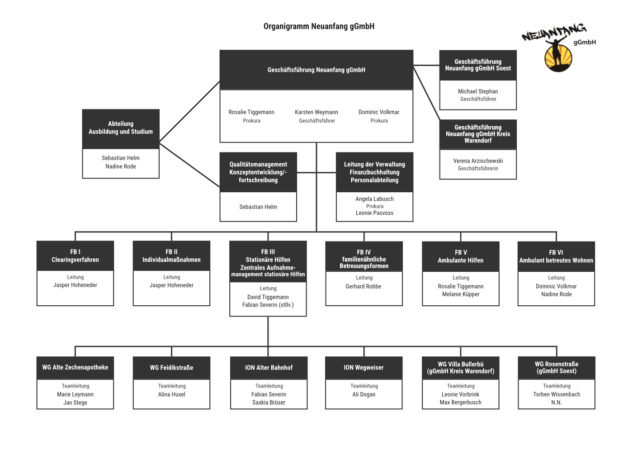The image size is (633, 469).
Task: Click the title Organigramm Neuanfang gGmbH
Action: tap(319, 26)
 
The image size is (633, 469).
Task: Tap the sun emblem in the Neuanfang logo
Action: tap(558, 58)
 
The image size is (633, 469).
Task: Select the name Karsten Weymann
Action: tap(316, 112)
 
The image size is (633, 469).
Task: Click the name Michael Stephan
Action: tap(478, 91)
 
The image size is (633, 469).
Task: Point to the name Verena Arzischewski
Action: tap(478, 161)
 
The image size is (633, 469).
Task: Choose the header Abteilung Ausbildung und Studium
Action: tap(121, 128)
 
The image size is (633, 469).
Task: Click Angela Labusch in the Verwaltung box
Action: tap(374, 199)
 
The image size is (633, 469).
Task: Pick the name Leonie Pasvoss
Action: tap(374, 213)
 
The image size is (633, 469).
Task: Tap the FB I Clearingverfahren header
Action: tap(76, 256)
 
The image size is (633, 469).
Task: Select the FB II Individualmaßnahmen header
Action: tap(171, 256)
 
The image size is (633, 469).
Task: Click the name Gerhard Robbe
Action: tap(364, 286)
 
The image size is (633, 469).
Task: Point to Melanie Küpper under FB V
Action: tap(461, 294)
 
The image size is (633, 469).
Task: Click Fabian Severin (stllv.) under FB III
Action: tap(268, 305)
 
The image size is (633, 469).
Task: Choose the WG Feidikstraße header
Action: tap(171, 368)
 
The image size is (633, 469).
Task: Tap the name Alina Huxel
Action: tap(171, 394)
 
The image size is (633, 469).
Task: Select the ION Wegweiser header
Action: tap(364, 368)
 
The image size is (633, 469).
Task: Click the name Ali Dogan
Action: tap(364, 394)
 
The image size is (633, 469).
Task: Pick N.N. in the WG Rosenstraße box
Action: tap(557, 403)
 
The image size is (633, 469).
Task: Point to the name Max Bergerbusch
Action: tap(460, 402)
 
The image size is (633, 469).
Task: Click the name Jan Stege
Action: tap(75, 403)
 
